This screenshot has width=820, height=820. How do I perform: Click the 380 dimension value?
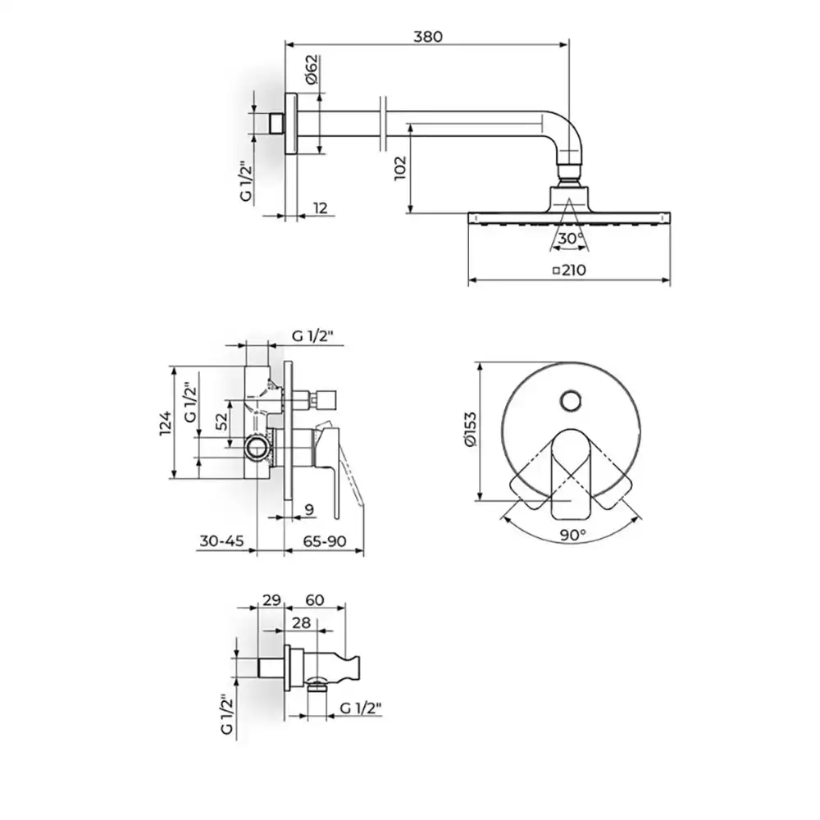[428, 37]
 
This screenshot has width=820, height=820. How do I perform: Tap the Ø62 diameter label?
[311, 69]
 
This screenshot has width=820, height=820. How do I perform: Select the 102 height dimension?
[400, 168]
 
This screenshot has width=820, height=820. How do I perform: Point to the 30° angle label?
[571, 239]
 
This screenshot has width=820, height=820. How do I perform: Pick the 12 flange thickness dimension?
[320, 207]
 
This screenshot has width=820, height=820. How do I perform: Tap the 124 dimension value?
[166, 423]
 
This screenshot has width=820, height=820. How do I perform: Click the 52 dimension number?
[222, 421]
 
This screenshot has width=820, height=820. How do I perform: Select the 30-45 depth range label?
[221, 540]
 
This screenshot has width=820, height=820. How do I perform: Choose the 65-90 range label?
[325, 540]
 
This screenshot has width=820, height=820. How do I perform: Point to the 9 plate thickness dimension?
[309, 509]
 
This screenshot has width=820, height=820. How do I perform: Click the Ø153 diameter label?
[470, 430]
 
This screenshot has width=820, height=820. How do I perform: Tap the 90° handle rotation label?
[572, 535]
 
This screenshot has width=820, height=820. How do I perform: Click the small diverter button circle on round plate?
[570, 402]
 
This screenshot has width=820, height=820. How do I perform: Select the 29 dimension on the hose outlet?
[271, 600]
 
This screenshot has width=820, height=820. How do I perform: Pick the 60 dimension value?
[314, 600]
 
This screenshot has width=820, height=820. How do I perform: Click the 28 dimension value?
[301, 623]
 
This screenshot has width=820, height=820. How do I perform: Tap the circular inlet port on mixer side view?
[257, 449]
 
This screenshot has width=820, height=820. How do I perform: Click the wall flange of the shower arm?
[291, 124]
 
